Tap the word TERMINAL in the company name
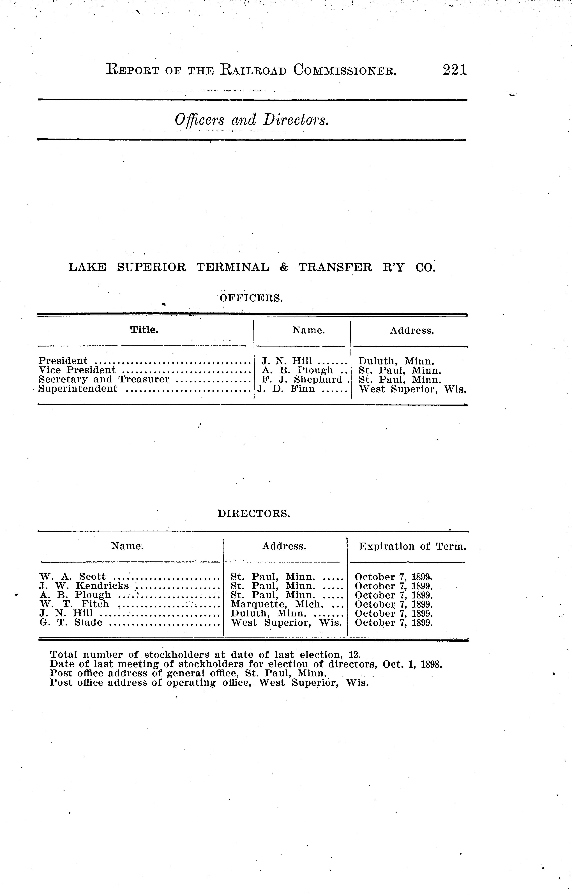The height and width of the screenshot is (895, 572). (x=232, y=267)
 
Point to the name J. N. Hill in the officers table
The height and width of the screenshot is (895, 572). (x=287, y=361)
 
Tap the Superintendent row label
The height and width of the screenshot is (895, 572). (x=78, y=389)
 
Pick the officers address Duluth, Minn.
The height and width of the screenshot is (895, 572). (x=396, y=361)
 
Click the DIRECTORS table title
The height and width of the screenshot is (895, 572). (x=253, y=514)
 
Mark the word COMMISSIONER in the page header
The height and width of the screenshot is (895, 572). (x=345, y=70)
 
